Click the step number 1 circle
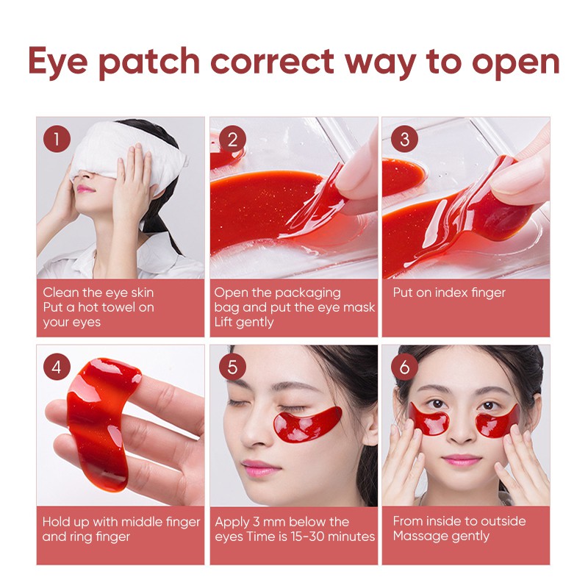pyautogui.click(x=57, y=138)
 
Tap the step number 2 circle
pyautogui.click(x=232, y=138)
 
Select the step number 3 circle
pyautogui.click(x=404, y=138)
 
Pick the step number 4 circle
pyautogui.click(x=57, y=366)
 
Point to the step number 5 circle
pyautogui.click(x=232, y=366)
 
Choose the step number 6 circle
pyautogui.click(x=404, y=366)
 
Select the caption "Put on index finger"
pyautogui.click(x=449, y=293)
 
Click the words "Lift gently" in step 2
pyautogui.click(x=244, y=322)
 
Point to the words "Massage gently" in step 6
pyautogui.click(x=441, y=536)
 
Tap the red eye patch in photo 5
pyautogui.click(x=309, y=425)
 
